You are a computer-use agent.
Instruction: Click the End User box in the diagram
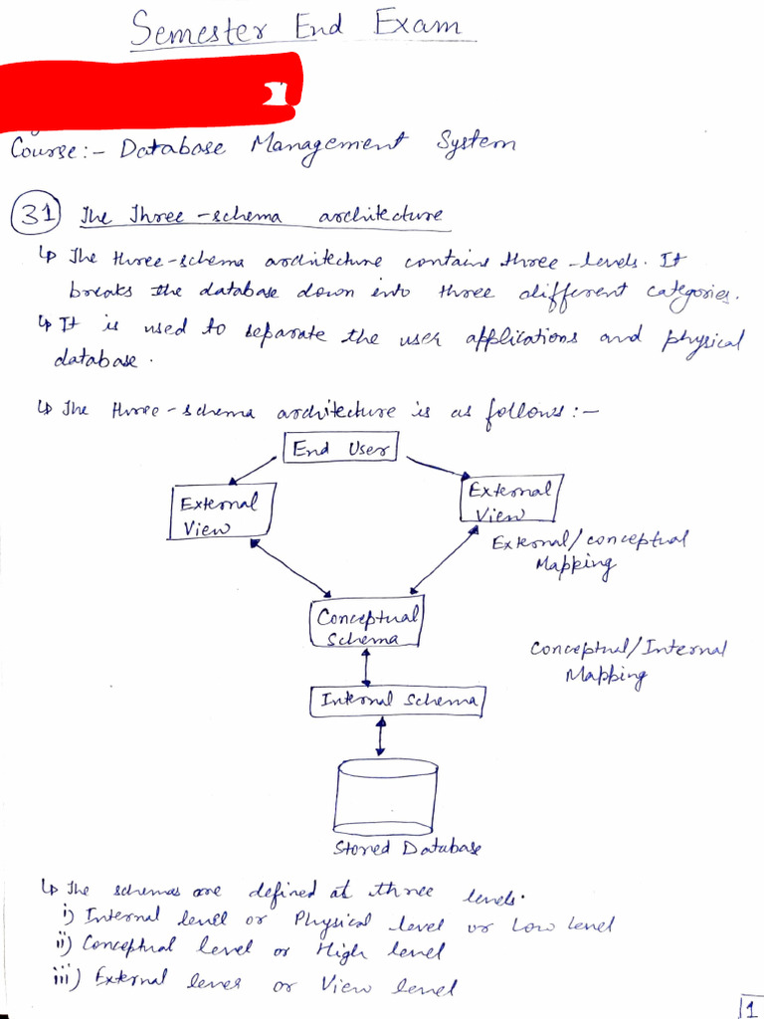(x=341, y=449)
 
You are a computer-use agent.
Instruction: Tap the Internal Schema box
(x=396, y=702)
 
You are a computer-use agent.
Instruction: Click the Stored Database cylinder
(x=387, y=795)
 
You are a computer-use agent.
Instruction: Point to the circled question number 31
(x=36, y=215)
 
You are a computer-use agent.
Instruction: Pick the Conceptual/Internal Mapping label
(x=628, y=660)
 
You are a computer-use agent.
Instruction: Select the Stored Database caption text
(x=407, y=848)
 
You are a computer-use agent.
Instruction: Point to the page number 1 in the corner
(x=749, y=1006)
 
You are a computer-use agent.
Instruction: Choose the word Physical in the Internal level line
(x=333, y=919)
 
